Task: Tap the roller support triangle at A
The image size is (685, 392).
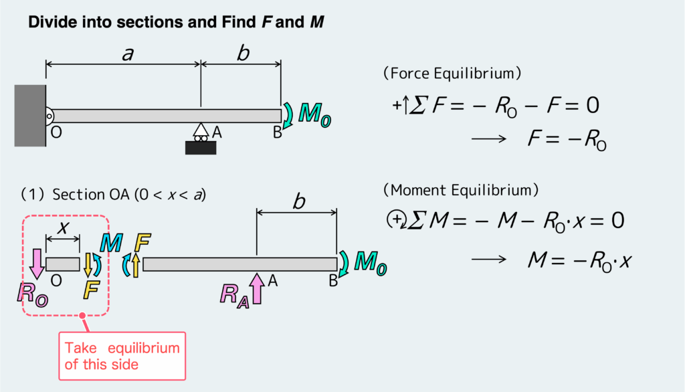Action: tap(200, 130)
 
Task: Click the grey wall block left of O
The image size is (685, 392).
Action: tap(30, 115)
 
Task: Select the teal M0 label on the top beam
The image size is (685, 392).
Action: tap(313, 114)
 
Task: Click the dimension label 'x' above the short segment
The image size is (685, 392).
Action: tap(63, 227)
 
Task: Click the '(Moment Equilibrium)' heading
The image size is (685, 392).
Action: tap(460, 190)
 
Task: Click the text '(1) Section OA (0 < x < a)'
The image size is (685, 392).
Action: tap(113, 195)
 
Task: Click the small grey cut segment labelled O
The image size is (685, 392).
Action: tap(62, 264)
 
